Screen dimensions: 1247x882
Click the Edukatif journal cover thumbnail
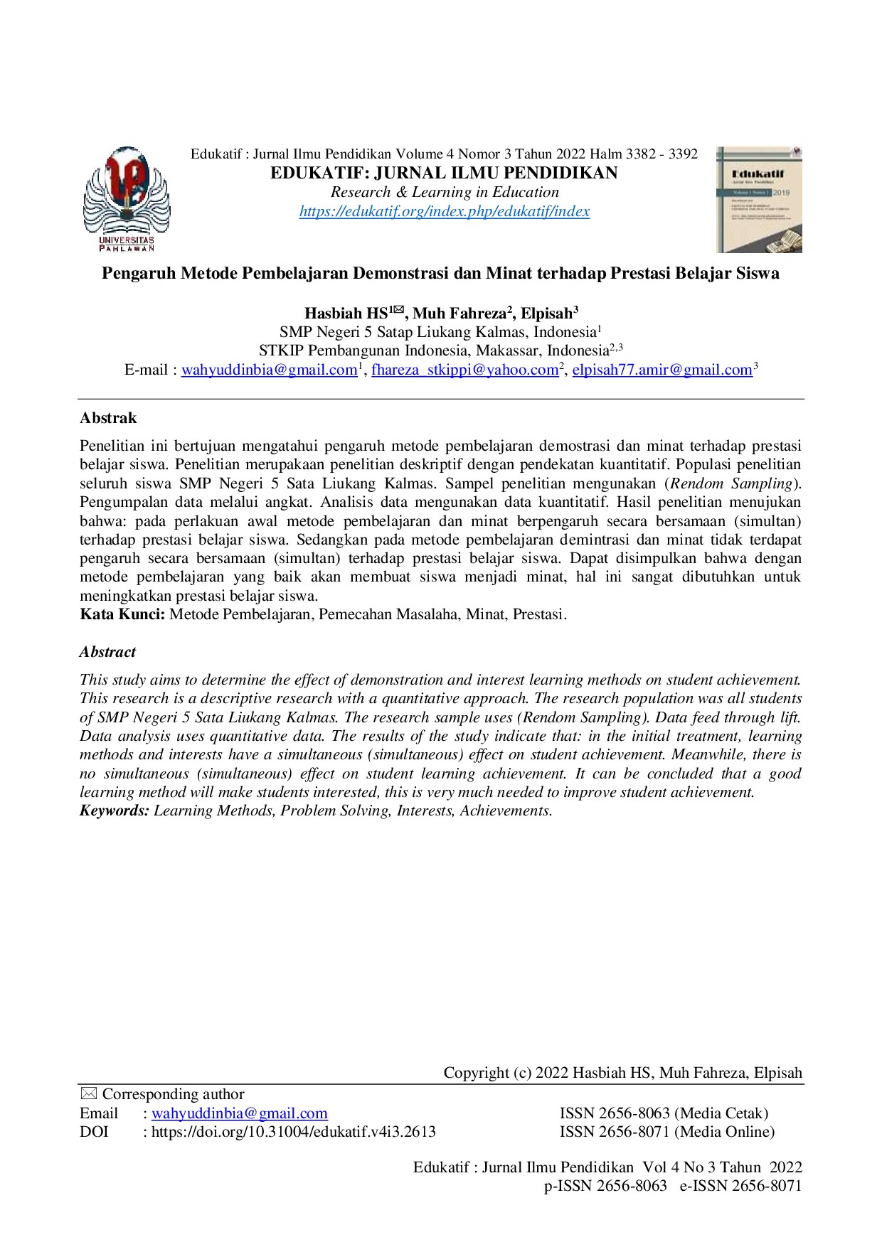point(759,200)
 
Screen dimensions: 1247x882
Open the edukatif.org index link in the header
point(445,211)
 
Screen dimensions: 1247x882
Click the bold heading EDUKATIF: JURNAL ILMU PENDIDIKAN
point(444,173)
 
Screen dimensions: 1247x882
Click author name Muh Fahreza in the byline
point(459,314)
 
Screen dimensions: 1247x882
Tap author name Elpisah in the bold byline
point(546,314)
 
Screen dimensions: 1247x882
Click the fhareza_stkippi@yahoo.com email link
point(464,370)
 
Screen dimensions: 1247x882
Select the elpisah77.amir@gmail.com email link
point(662,370)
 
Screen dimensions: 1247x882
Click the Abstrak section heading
point(108,418)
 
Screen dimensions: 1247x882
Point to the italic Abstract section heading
point(107,652)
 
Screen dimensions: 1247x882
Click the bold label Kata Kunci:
point(122,614)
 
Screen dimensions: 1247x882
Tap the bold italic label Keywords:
point(115,810)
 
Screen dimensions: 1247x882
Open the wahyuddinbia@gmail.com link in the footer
point(240,1113)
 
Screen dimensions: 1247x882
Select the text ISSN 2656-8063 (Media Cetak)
point(664,1113)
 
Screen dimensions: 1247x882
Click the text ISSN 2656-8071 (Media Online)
point(666,1132)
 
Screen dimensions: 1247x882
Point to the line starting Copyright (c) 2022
point(622,1073)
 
